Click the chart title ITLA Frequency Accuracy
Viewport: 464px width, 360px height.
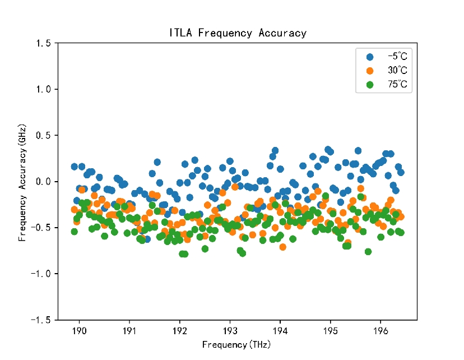[x=238, y=33]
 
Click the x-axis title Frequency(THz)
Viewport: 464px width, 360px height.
[x=236, y=344]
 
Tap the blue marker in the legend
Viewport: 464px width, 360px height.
[x=369, y=57]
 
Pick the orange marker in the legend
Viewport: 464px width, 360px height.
[x=369, y=71]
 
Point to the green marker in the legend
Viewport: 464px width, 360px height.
[x=369, y=85]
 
